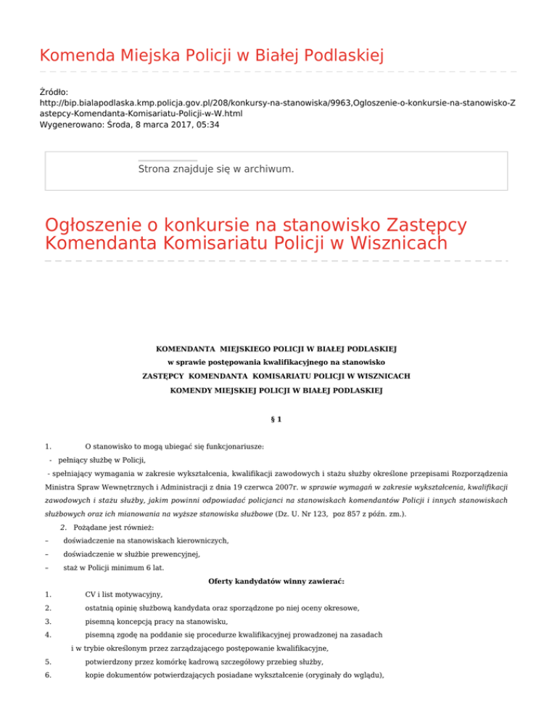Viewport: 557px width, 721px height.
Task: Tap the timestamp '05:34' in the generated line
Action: tap(207, 125)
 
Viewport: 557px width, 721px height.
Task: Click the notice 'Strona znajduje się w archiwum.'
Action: tap(215, 169)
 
